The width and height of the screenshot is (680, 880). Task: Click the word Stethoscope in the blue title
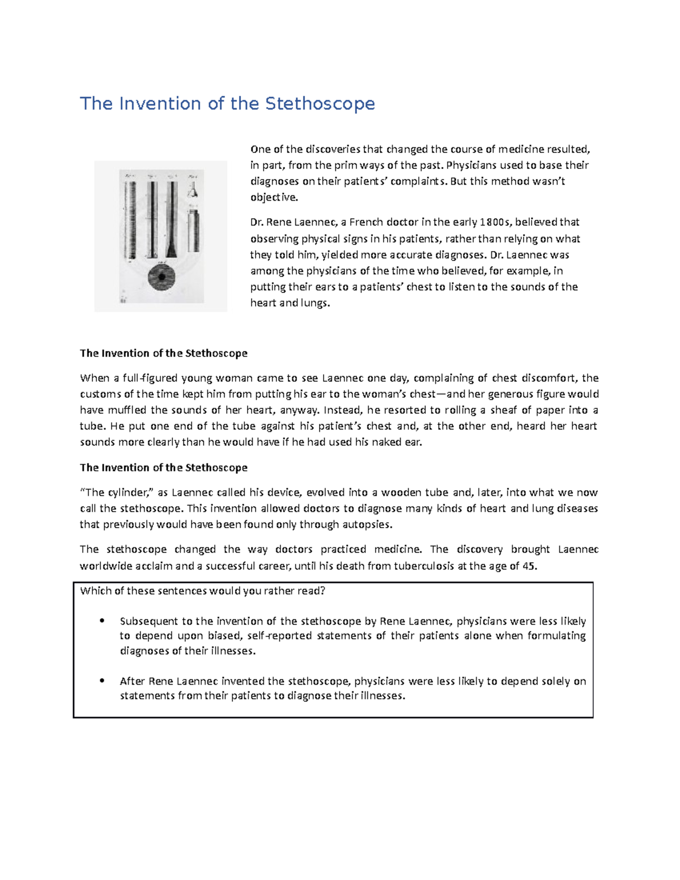(x=320, y=104)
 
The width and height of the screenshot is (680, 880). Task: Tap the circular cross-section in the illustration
(x=161, y=278)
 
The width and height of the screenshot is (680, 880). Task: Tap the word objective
(x=273, y=197)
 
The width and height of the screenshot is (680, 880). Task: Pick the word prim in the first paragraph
(x=345, y=165)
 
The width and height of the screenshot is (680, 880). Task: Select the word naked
(x=387, y=442)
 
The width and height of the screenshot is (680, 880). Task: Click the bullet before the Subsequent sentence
(x=102, y=621)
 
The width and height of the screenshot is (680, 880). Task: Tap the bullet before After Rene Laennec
(x=102, y=681)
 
